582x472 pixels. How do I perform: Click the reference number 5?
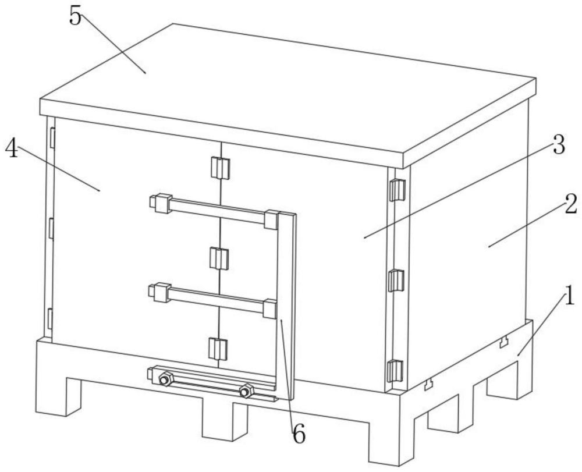75,16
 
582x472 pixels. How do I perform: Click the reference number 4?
12,149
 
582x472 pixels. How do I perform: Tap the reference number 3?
559,144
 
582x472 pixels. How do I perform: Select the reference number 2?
570,204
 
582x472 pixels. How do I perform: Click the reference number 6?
299,434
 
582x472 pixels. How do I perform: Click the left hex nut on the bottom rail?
165,379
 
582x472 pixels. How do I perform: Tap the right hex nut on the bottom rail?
246,391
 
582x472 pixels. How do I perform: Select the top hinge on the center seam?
221,168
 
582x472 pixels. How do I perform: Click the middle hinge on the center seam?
219,258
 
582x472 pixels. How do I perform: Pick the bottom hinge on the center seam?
218,349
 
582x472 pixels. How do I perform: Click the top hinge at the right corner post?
396,190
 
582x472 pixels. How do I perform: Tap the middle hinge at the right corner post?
396,281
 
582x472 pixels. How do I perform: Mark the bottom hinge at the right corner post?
395,371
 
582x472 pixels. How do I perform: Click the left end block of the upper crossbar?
161,203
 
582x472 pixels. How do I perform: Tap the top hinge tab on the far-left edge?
52,138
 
